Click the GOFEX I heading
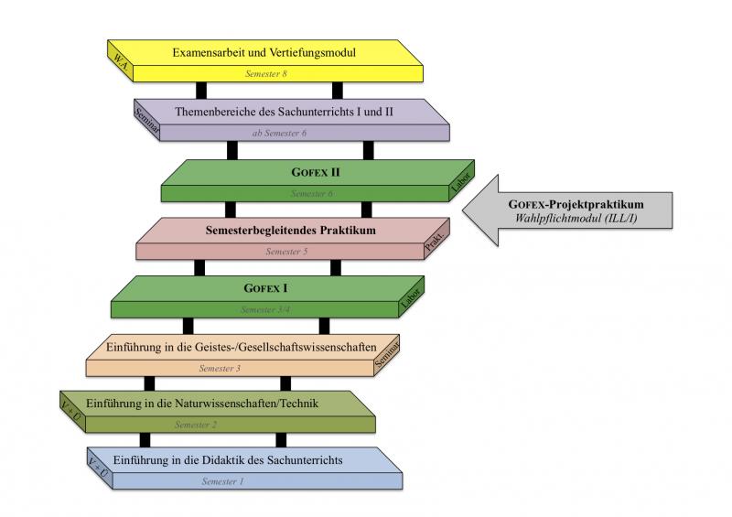[266, 288]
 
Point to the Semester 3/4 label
[266, 309]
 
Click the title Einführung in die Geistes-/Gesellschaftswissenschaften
[241, 347]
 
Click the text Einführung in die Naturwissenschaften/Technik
[201, 404]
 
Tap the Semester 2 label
[196, 425]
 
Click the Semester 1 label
[223, 481]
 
